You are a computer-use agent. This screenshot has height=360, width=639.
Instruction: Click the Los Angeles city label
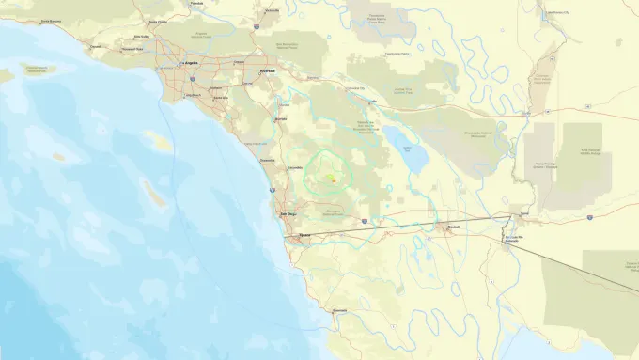pyautogui.click(x=187, y=64)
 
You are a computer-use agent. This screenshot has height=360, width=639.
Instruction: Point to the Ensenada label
pyautogui.click(x=340, y=309)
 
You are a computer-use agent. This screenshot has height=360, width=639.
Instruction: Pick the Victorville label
pyautogui.click(x=272, y=10)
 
